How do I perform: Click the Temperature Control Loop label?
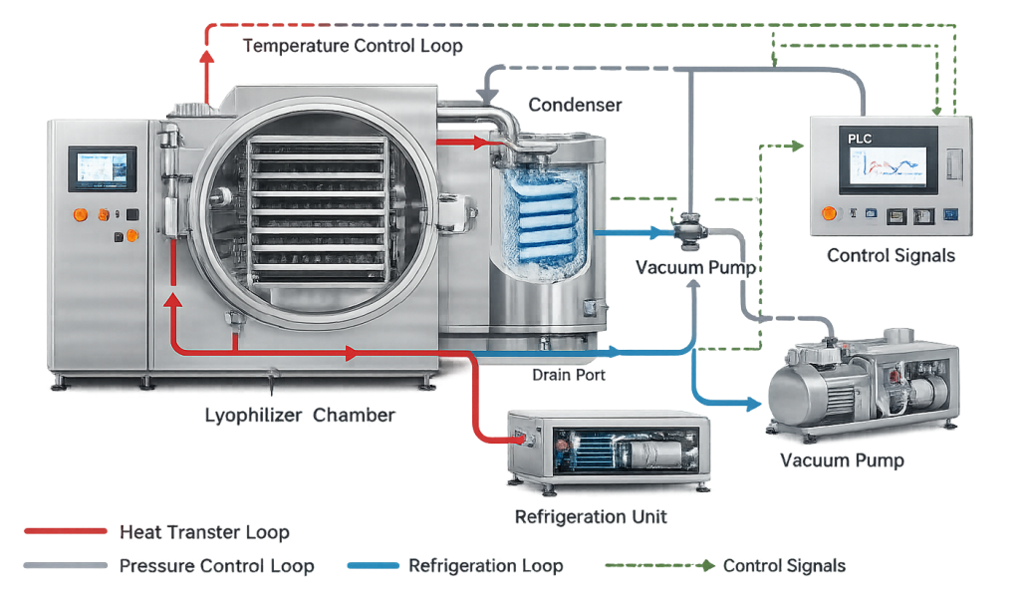(x=353, y=46)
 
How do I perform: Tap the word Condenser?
(x=575, y=105)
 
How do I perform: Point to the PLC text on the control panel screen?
(x=860, y=140)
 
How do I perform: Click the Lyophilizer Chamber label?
(x=299, y=416)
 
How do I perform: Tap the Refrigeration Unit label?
(x=591, y=516)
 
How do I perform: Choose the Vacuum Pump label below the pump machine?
(x=842, y=460)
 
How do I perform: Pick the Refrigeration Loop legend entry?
(x=486, y=566)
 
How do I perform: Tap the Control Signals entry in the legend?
(x=784, y=566)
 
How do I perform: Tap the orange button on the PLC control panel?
(x=827, y=212)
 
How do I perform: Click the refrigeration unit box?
(x=608, y=449)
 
